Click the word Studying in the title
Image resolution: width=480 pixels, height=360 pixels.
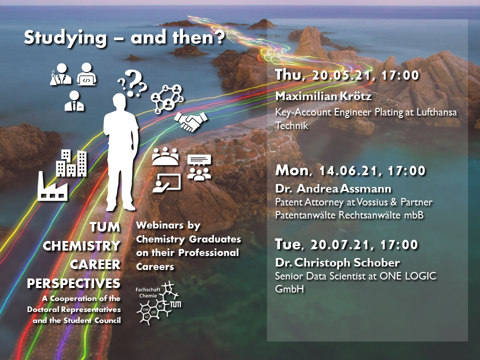pos(65,38)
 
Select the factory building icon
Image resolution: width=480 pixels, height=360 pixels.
pos(52,186)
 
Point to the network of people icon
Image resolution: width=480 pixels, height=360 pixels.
pos(167,99)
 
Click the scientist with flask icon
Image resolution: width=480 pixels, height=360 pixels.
pos(60,74)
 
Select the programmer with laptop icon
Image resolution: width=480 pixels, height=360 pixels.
pos(86,74)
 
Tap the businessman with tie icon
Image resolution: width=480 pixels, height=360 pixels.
pos(74,100)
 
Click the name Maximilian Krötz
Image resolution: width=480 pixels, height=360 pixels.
pos(323,96)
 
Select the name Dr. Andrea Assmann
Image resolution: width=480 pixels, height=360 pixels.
pos(333,188)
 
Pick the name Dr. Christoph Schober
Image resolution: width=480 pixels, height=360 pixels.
pos(337,262)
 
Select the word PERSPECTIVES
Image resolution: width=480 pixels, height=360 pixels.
pos(73,283)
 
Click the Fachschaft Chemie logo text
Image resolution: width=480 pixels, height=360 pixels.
pos(148,292)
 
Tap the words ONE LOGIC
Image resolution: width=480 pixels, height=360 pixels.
pos(408,276)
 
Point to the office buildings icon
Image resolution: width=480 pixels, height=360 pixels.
pos(71,163)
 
